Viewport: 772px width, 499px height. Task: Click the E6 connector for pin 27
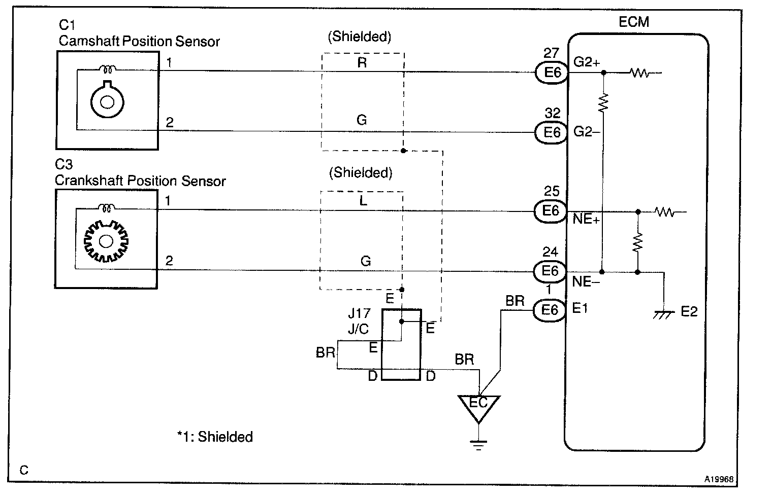pyautogui.click(x=552, y=73)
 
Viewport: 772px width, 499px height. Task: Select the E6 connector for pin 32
pyautogui.click(x=551, y=132)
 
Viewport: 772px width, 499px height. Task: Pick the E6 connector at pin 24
pyautogui.click(x=550, y=271)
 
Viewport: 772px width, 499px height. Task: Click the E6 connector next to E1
pyautogui.click(x=550, y=309)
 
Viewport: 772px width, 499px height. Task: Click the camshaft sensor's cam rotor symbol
pyautogui.click(x=107, y=100)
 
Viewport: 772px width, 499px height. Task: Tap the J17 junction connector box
pyautogui.click(x=401, y=344)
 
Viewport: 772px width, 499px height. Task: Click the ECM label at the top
pyautogui.click(x=634, y=22)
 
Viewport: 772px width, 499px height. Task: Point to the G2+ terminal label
pyautogui.click(x=587, y=62)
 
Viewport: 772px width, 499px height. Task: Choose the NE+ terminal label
pyautogui.click(x=586, y=220)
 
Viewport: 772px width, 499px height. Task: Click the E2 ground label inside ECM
pyautogui.click(x=689, y=311)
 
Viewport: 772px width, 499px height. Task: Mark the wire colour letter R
pyautogui.click(x=362, y=62)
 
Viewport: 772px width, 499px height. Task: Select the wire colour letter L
pyautogui.click(x=363, y=201)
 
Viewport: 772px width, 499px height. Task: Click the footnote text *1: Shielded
pyautogui.click(x=215, y=437)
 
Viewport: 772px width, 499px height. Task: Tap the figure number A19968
pyautogui.click(x=718, y=479)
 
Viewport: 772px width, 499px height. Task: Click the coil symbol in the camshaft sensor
pyautogui.click(x=108, y=68)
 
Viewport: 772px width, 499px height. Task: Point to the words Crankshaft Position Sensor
pyautogui.click(x=140, y=181)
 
